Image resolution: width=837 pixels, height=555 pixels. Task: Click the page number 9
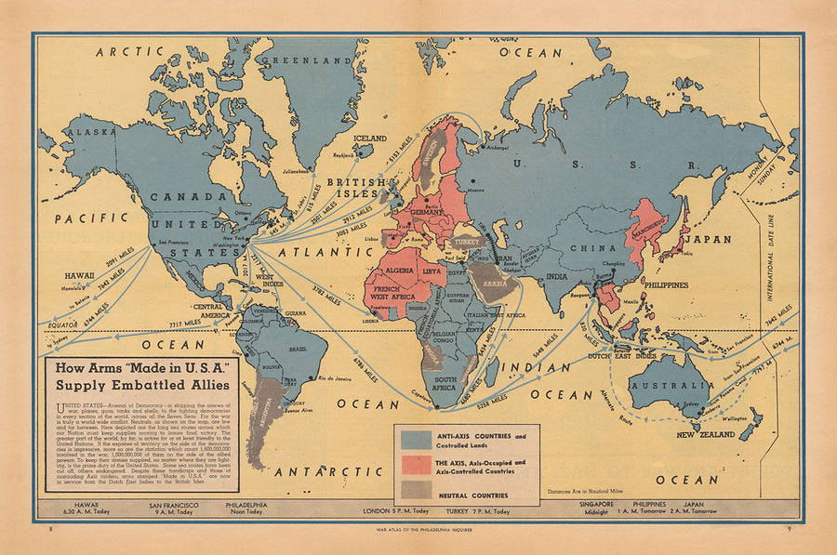tap(786, 530)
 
